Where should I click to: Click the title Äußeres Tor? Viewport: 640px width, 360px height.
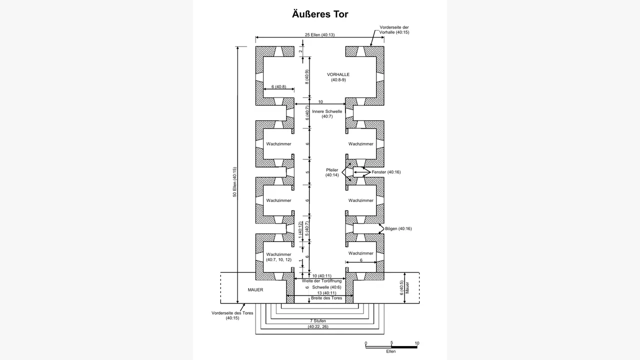[320, 14]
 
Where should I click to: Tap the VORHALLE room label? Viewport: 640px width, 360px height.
[338, 74]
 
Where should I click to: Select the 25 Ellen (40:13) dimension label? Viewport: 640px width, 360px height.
[319, 35]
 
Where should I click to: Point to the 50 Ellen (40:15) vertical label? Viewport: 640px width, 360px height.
[234, 182]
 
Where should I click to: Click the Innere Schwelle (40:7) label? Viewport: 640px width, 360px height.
[327, 114]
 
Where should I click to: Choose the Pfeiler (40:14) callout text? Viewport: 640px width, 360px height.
[332, 172]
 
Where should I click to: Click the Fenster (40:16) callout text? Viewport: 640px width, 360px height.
[386, 172]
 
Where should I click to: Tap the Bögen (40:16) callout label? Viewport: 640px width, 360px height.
[398, 228]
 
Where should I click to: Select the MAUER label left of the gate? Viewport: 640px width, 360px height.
[255, 289]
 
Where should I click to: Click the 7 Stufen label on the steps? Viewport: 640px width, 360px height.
[318, 321]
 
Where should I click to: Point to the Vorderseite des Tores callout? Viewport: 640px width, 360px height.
[232, 315]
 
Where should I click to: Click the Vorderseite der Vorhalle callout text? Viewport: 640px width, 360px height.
[394, 29]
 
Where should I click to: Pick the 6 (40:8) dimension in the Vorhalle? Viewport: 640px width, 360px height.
[278, 86]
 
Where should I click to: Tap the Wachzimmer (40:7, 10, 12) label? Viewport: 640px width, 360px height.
[278, 257]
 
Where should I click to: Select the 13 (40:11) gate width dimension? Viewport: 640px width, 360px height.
[326, 293]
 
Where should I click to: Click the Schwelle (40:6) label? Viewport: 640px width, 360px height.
[326, 287]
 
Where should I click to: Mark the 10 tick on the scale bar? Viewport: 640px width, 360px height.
[417, 343]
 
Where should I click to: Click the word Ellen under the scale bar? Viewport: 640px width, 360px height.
[391, 351]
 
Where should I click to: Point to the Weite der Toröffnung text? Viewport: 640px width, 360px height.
[321, 281]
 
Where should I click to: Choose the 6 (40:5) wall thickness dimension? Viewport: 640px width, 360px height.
[401, 287]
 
